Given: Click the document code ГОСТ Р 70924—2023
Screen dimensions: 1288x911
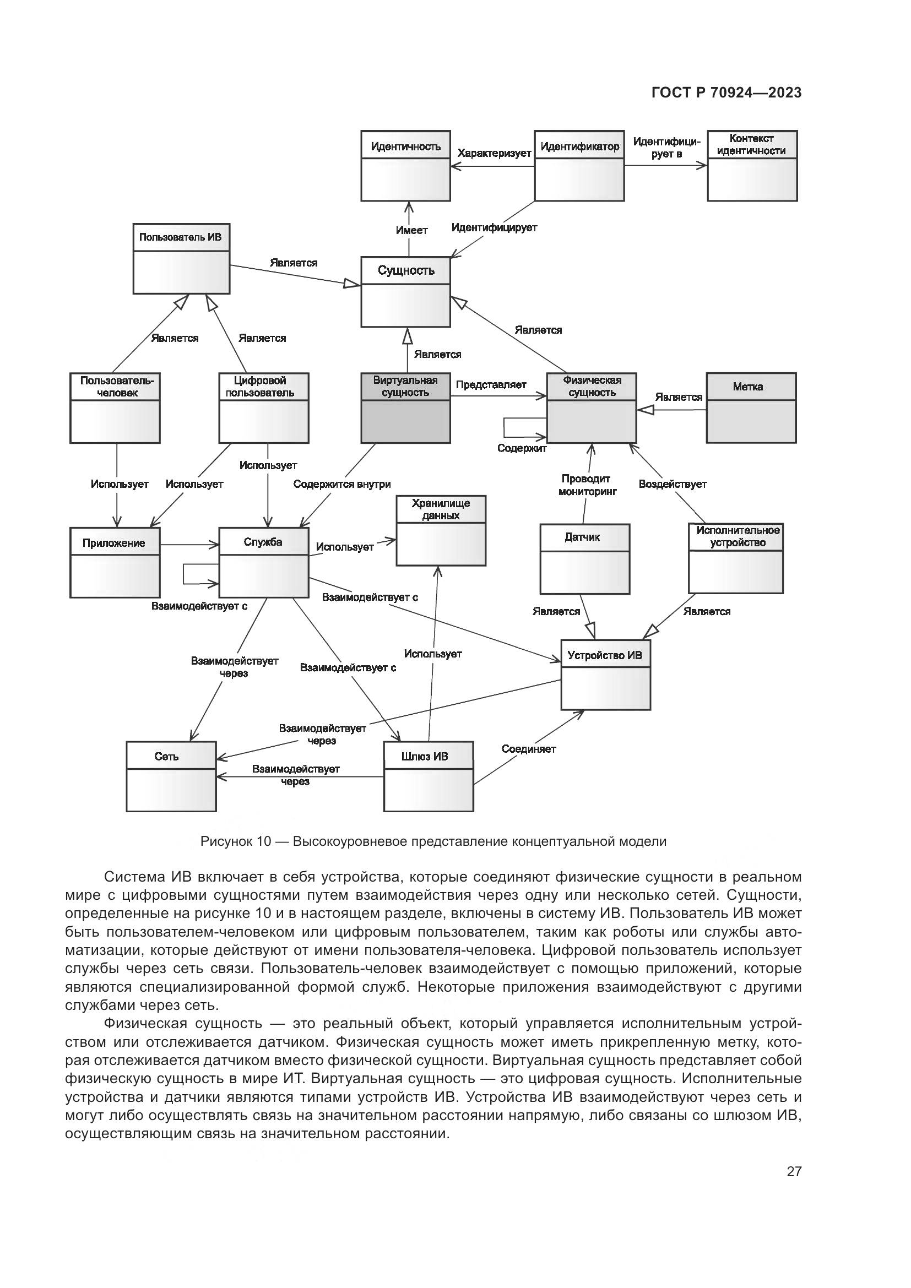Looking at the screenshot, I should click(726, 93).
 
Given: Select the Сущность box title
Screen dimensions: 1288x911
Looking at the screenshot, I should click(405, 270).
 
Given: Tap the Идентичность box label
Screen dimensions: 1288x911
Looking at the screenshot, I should click(405, 146).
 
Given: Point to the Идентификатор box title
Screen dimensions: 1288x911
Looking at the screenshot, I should click(579, 146).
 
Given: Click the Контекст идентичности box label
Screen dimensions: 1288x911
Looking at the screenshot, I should click(752, 144).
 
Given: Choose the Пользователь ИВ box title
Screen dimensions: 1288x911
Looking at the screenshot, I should click(181, 237).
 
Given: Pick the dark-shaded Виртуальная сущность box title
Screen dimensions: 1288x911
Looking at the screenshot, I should click(405, 386).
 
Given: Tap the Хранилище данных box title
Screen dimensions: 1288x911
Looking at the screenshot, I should click(441, 509).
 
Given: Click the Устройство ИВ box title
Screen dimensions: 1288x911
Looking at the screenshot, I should click(605, 655).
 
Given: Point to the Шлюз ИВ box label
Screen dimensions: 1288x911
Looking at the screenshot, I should click(425, 756).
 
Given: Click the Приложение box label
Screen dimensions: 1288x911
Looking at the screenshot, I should click(114, 542).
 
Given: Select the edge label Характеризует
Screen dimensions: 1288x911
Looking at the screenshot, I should click(494, 153).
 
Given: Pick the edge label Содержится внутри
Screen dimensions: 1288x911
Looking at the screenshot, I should click(341, 483).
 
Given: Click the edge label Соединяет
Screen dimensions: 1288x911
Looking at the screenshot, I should click(528, 748).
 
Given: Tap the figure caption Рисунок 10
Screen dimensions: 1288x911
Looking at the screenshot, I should click(433, 841).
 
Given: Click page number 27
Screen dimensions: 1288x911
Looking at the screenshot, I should click(794, 1171).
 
